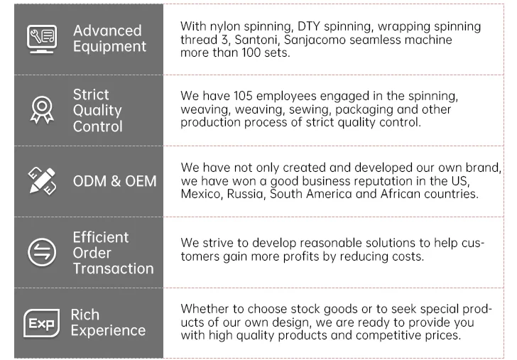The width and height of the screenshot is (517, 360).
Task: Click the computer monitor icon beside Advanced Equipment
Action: click(x=41, y=38)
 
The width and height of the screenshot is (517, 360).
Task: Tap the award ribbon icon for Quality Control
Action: click(x=40, y=110)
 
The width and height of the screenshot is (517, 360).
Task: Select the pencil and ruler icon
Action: click(x=41, y=180)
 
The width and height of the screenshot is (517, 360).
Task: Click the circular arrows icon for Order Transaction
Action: click(x=40, y=252)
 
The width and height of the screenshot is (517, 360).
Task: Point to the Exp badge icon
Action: click(x=40, y=323)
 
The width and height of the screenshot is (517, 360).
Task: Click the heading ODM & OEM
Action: click(x=114, y=181)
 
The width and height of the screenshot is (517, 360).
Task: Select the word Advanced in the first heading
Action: click(x=107, y=31)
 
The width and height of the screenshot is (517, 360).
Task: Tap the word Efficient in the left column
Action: click(x=101, y=237)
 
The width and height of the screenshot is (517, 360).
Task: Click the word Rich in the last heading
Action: click(x=85, y=315)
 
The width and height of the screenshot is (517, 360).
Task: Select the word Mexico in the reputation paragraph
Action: click(x=201, y=194)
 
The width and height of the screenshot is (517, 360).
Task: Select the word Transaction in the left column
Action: click(x=113, y=268)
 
